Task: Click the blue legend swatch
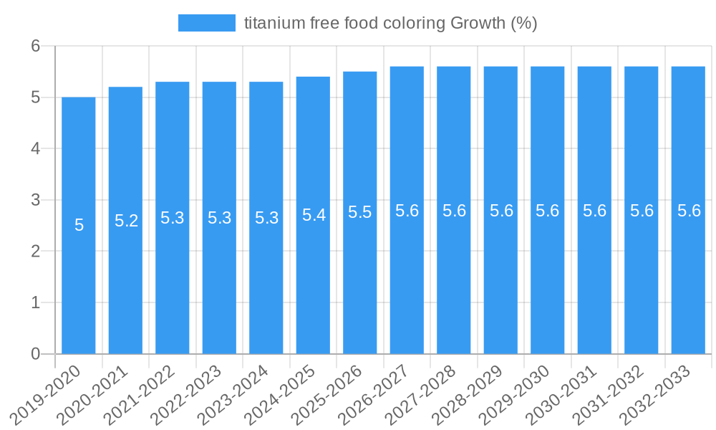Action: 206,23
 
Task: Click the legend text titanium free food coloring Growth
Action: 390,23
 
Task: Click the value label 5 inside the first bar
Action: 79,225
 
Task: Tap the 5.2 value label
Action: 126,221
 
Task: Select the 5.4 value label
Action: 314,215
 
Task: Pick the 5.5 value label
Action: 360,213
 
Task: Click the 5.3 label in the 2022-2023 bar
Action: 219,218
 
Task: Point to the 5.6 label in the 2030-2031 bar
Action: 594,211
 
